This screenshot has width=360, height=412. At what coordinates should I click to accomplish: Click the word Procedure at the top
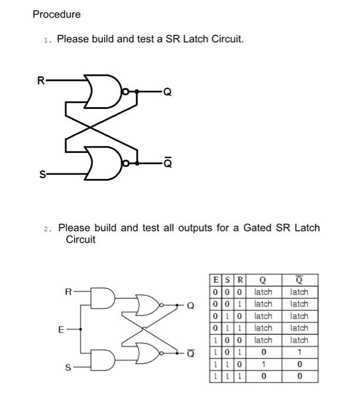pos(56,14)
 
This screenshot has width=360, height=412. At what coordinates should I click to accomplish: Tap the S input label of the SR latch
pos(41,174)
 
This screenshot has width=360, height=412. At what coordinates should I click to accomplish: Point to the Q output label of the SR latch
pos(168,92)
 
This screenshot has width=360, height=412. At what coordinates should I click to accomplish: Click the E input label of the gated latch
pos(60,330)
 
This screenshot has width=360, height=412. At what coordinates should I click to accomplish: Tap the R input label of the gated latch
pos(68,291)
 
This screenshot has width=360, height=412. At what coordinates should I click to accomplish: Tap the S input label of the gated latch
pos(68,368)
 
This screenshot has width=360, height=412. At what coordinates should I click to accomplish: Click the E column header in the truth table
pos(216,280)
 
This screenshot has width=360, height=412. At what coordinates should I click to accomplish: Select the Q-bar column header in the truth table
pos(299,280)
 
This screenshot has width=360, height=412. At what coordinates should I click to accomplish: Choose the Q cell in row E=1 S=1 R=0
pos(263,364)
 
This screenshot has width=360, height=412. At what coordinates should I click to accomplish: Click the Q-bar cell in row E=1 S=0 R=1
pos(299,352)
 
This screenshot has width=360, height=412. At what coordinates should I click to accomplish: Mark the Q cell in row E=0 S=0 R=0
pos(263,292)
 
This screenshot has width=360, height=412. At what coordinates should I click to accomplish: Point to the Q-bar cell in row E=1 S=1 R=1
pos(299,376)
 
